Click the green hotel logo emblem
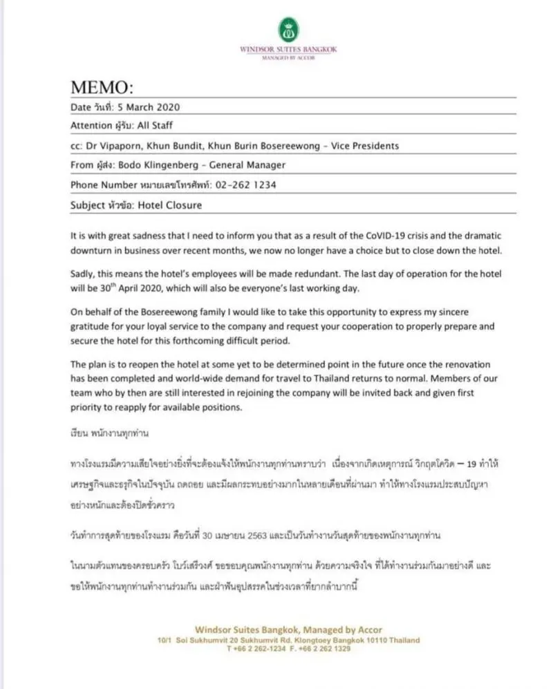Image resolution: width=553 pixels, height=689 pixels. pos(288,30)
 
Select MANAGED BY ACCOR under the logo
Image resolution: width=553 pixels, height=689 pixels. pos(288,59)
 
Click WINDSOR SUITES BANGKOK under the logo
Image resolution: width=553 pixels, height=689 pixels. pos(288,50)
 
